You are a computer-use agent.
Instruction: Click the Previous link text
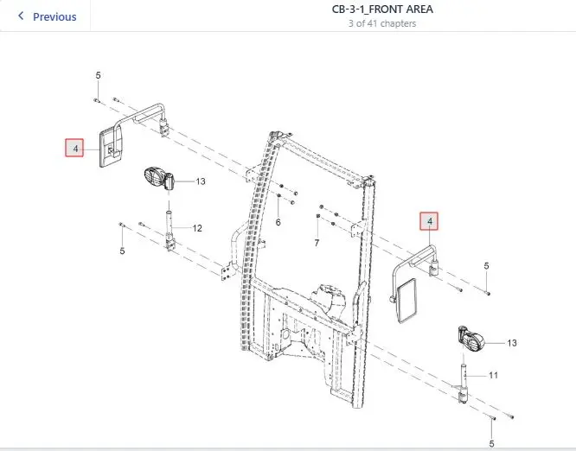click(54, 17)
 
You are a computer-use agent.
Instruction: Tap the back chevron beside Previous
click(21, 16)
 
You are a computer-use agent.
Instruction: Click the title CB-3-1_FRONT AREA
click(382, 10)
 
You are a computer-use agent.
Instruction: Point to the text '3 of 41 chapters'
click(382, 23)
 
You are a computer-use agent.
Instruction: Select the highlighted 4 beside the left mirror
click(74, 148)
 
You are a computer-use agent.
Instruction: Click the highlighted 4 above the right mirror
click(429, 221)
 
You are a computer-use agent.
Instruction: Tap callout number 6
click(278, 222)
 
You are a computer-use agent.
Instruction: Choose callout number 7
click(317, 243)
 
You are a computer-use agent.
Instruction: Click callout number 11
click(493, 376)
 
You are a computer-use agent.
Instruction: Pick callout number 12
click(197, 228)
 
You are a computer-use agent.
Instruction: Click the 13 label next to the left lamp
click(201, 181)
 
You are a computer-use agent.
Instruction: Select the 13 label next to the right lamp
click(512, 343)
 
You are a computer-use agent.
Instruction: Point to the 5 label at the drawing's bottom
click(491, 444)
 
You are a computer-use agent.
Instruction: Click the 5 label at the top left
click(98, 75)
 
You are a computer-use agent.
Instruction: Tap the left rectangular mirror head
click(111, 146)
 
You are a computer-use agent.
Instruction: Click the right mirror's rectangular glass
click(407, 301)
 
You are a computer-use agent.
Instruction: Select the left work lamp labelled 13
click(158, 179)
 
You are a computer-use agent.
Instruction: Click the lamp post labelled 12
click(170, 231)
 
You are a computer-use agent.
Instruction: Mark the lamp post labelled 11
click(464, 384)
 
